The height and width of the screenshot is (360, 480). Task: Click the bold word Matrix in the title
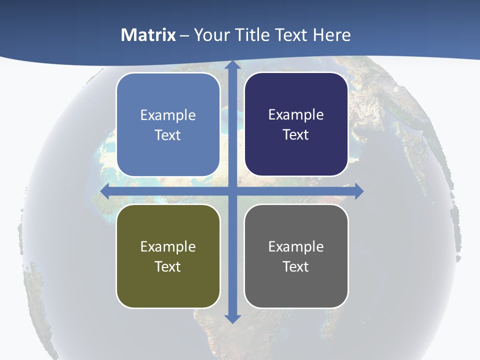pyautogui.click(x=148, y=35)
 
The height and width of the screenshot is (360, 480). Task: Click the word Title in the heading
pyautogui.click(x=255, y=35)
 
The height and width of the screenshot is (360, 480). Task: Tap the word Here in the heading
pyautogui.click(x=331, y=35)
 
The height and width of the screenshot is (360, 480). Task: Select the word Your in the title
pyautogui.click(x=211, y=35)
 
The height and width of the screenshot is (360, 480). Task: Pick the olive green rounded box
pyautogui.click(x=168, y=285)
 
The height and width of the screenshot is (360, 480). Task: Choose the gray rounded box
pyautogui.click(x=296, y=285)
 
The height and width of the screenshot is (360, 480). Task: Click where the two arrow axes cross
pyautogui.click(x=232, y=191)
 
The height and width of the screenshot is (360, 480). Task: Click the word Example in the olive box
pyautogui.click(x=168, y=246)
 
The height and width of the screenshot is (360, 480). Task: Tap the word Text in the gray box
pyautogui.click(x=296, y=266)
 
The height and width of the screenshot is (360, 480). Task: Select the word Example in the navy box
pyautogui.click(x=296, y=115)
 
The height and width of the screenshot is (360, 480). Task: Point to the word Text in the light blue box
pyautogui.click(x=168, y=135)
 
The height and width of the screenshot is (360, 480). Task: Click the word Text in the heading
pyautogui.click(x=292, y=35)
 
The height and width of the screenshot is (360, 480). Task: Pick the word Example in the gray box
pyautogui.click(x=296, y=246)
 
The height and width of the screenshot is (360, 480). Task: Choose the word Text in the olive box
pyautogui.click(x=168, y=266)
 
